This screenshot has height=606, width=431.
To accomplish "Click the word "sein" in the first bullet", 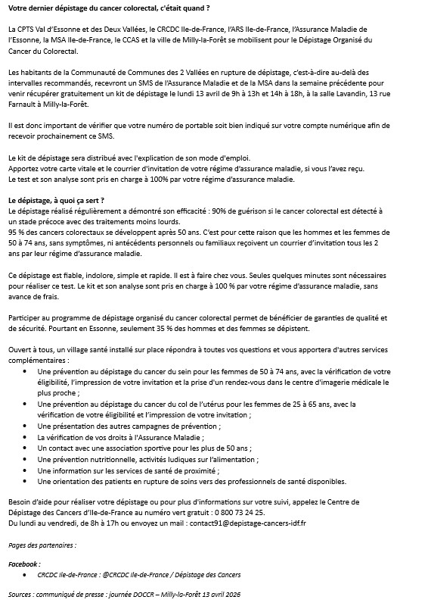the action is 183,372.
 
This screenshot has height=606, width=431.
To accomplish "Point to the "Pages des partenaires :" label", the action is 42,544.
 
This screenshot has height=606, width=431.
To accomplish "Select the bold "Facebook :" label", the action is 25,564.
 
